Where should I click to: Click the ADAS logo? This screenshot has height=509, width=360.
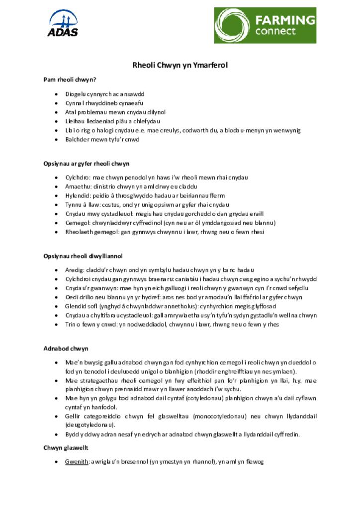tap(63, 23)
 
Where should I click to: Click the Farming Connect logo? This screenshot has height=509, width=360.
tap(265, 25)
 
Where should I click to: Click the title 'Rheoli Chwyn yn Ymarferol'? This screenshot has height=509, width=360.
tap(180, 65)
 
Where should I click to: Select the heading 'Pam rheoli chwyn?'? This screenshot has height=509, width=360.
tap(70, 80)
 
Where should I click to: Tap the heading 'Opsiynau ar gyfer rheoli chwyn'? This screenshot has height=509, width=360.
tap(86, 164)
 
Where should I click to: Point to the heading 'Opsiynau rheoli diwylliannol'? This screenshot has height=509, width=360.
tap(83, 256)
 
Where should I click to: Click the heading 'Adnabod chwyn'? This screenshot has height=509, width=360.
tap(66, 348)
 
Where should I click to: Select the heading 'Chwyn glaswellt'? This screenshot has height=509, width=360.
tap(66, 448)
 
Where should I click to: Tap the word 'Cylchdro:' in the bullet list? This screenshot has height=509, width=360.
tap(78, 177)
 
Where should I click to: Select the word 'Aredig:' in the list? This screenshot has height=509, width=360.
tap(75, 270)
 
